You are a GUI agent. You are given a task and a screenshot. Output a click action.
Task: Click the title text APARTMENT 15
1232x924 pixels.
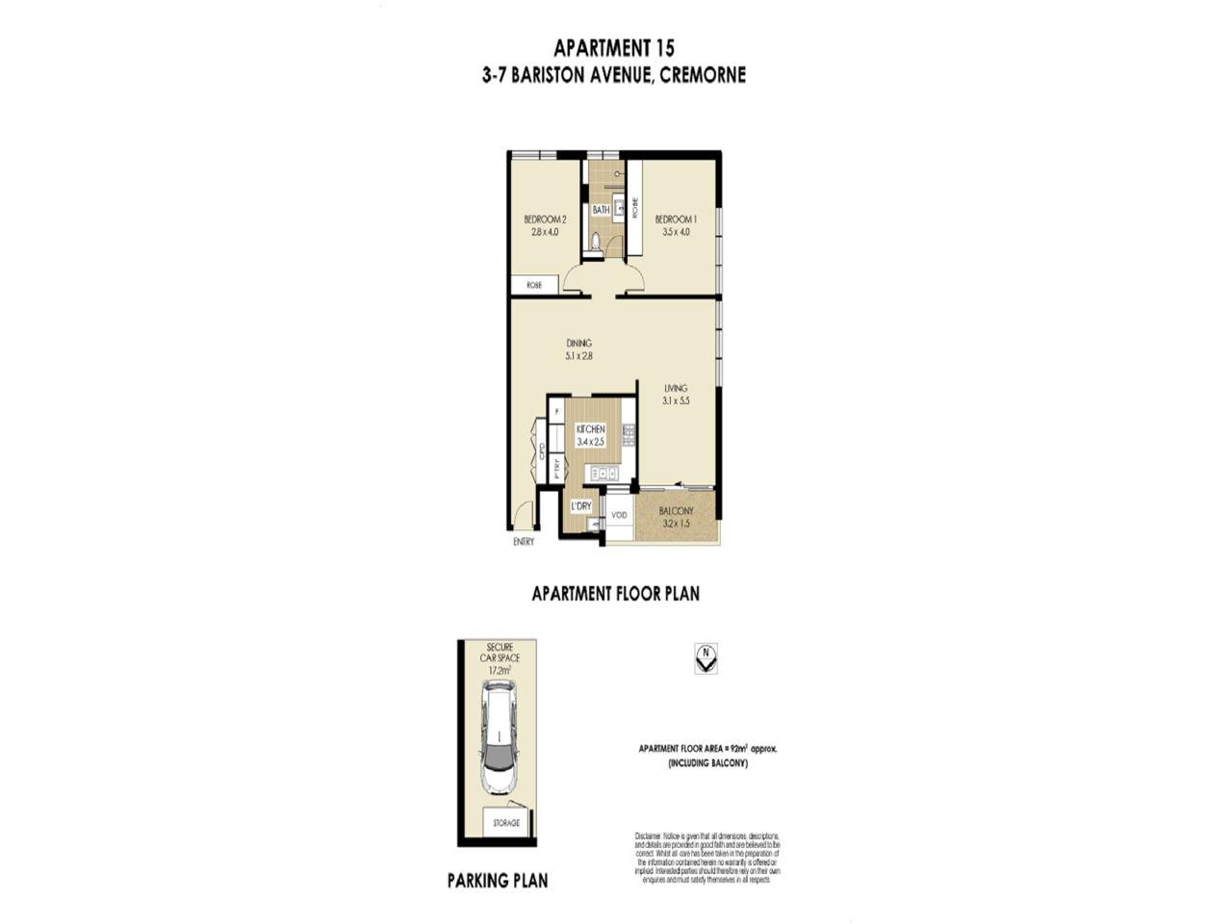point(614,47)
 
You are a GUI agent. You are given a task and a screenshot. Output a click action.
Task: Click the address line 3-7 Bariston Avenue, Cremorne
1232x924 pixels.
point(614,75)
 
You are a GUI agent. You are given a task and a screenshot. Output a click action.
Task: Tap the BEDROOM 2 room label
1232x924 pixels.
point(544,219)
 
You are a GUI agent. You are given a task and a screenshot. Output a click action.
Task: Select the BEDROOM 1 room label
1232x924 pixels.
point(676,219)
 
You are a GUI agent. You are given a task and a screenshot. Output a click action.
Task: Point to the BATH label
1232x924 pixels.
point(601,210)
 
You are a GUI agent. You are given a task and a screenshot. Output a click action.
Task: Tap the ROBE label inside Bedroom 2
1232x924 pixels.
point(534,285)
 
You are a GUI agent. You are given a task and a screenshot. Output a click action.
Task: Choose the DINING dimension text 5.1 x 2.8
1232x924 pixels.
point(578,356)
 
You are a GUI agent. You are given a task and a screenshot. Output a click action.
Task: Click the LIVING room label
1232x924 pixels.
point(676,388)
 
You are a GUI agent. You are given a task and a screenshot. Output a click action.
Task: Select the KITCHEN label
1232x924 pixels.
point(590,429)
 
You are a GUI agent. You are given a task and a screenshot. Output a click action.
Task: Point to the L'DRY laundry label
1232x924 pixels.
point(580,505)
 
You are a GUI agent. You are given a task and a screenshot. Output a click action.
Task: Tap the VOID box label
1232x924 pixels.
point(619,515)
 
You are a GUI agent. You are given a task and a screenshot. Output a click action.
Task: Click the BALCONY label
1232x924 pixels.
point(677,511)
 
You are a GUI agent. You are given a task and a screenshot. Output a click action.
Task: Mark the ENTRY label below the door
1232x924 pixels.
point(524,542)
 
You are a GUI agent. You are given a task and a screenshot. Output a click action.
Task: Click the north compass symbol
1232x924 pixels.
point(706,658)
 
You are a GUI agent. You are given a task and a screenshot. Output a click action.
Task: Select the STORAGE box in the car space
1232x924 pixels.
point(506,823)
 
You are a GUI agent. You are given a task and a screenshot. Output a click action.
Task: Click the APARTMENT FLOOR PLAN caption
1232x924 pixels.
point(615,594)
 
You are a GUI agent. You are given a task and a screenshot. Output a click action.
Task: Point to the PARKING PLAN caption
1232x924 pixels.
point(498,880)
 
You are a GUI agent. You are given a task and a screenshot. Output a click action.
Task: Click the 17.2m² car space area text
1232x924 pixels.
point(500,669)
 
